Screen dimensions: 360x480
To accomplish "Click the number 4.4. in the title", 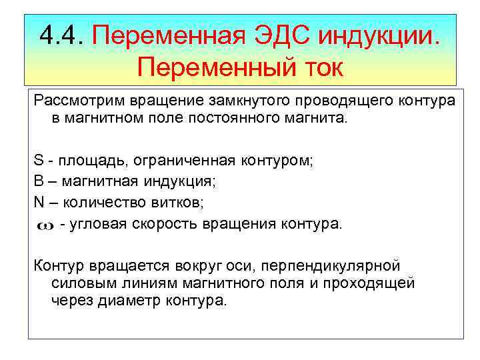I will (63, 33).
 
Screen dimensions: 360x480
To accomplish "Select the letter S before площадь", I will (39, 161).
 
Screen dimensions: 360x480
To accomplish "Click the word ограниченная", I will (177, 161).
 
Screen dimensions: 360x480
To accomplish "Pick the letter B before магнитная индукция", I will (39, 181).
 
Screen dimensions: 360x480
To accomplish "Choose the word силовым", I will (78, 283).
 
